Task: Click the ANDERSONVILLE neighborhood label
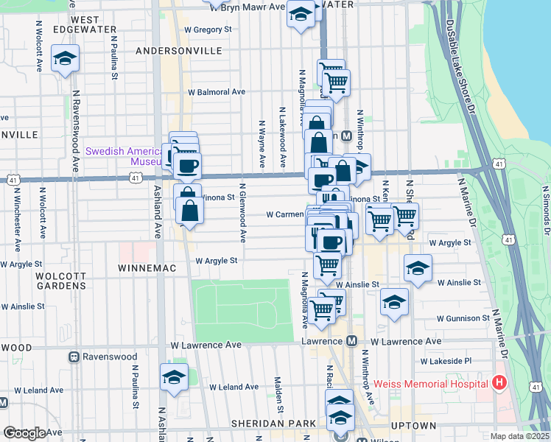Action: (179, 51)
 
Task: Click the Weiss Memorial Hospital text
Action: (430, 383)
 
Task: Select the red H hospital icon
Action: (499, 383)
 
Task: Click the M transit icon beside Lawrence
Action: (351, 342)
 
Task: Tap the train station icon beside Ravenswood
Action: (74, 357)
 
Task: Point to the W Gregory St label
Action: (208, 29)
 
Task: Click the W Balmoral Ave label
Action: (216, 93)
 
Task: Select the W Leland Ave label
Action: (234, 387)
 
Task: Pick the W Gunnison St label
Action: (463, 319)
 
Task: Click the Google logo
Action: (24, 432)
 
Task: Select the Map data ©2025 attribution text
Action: (520, 436)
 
